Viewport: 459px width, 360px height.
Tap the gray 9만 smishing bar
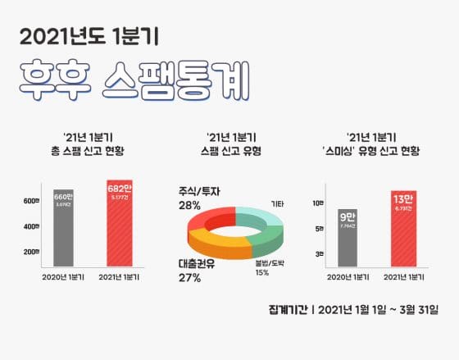[x=347, y=238]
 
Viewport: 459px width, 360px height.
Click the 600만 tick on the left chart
[x=32, y=201]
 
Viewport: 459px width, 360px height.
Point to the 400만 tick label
[x=32, y=226]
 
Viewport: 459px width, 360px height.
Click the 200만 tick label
[x=32, y=251]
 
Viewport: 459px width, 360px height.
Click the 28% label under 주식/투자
[x=189, y=206]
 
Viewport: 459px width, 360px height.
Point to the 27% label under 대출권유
[x=189, y=277]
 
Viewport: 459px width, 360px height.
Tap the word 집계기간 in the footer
[x=287, y=310]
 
